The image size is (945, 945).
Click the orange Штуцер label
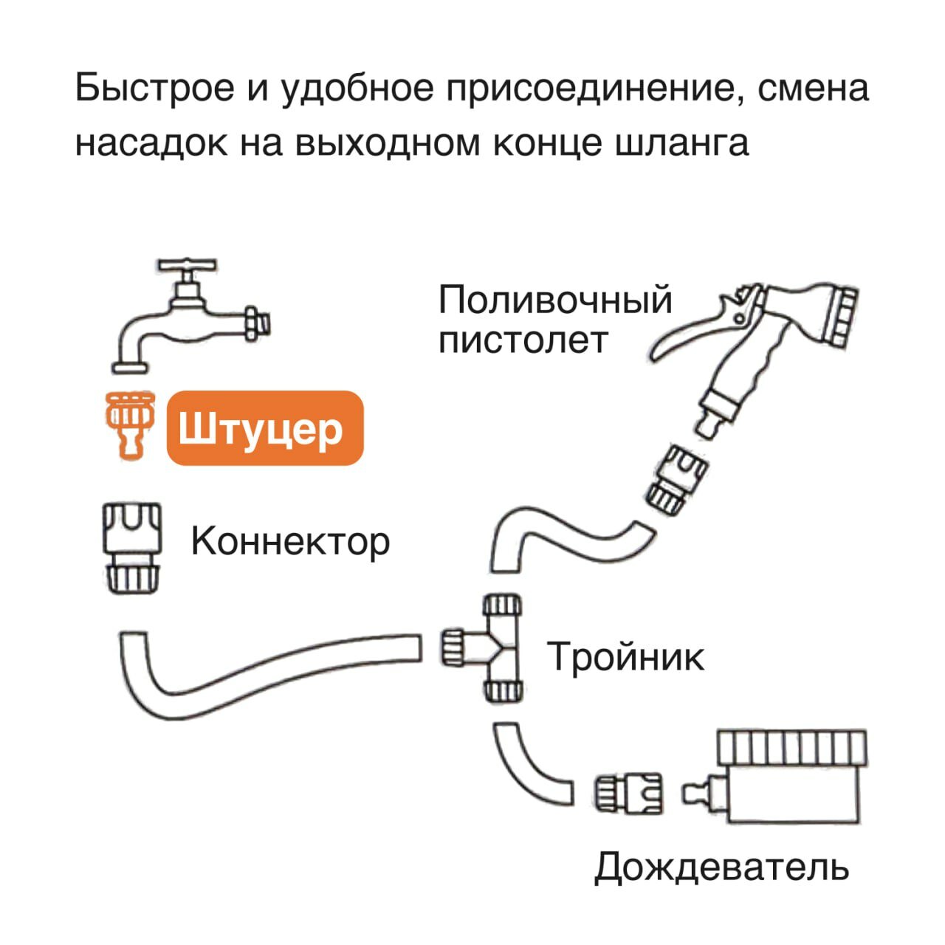click(265, 428)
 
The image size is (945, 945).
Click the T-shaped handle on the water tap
click(188, 266)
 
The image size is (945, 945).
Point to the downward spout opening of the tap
click(130, 365)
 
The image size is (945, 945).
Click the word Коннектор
click(290, 541)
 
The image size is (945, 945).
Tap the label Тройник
click(625, 656)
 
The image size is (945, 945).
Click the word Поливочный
click(555, 300)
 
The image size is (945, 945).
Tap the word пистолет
click(523, 341)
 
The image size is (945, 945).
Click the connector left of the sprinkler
click(629, 794)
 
